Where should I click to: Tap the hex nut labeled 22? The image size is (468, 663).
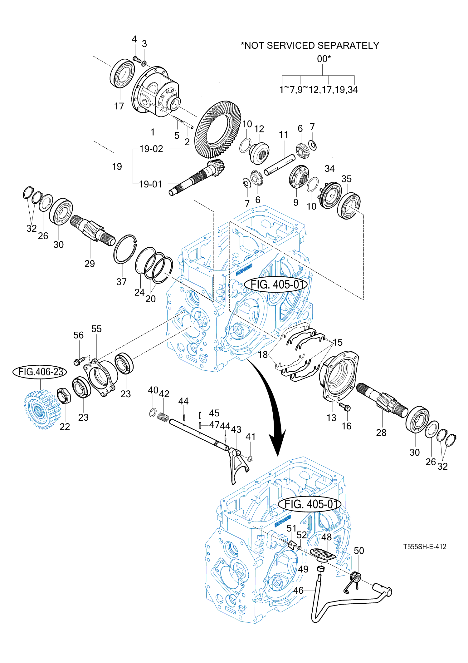point(64,396)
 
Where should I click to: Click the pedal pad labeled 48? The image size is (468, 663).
point(323,554)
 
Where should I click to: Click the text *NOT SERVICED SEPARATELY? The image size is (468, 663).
point(310,46)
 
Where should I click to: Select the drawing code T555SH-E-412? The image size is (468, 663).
point(425,547)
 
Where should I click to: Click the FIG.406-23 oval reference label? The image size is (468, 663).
point(40,372)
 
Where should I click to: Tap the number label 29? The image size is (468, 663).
point(90,264)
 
